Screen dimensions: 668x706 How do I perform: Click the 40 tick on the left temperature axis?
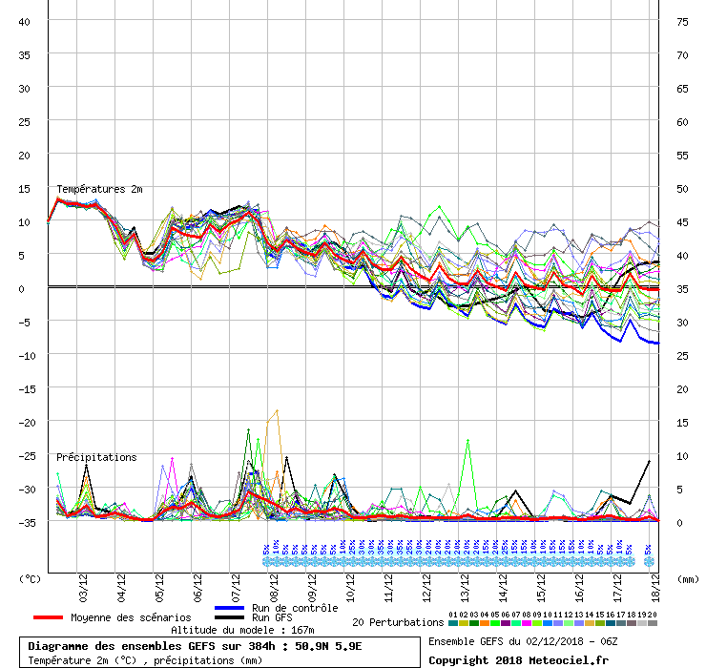click(x=25, y=21)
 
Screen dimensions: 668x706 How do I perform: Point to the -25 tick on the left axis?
click(x=23, y=455)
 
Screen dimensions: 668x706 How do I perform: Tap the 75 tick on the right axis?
click(x=682, y=21)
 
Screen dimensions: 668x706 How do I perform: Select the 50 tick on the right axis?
click(x=682, y=188)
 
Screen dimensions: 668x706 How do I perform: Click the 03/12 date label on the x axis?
click(x=83, y=583)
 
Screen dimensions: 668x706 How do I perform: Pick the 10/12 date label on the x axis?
click(x=351, y=583)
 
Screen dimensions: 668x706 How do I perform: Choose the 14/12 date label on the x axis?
click(x=504, y=583)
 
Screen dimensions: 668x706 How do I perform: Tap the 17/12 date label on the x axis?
click(x=618, y=583)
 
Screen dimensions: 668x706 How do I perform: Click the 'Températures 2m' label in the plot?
click(x=99, y=190)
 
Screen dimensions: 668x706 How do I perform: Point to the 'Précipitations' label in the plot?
click(x=96, y=457)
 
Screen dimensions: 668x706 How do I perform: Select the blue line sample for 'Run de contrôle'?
click(x=230, y=608)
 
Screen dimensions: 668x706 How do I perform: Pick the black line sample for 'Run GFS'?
click(x=230, y=618)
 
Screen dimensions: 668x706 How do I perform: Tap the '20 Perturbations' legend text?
click(x=398, y=622)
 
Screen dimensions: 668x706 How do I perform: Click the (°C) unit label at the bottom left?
click(x=31, y=578)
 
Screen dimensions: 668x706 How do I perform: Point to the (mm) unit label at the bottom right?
click(x=685, y=578)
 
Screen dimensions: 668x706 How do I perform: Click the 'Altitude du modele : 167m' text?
click(x=242, y=630)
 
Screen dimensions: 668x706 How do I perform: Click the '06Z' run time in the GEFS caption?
click(x=619, y=641)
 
